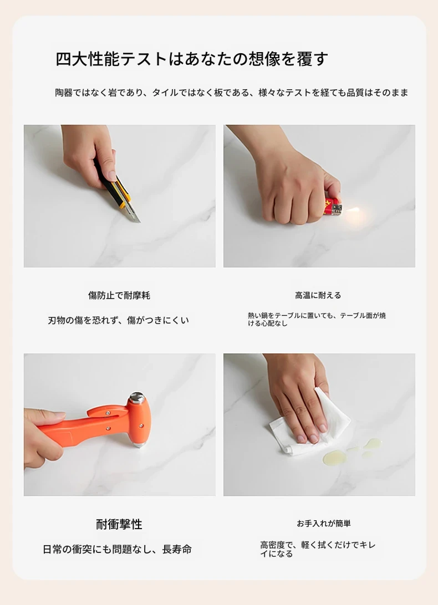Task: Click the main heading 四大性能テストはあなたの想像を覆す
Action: (x=192, y=59)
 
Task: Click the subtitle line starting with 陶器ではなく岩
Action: (x=231, y=93)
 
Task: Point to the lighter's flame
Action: (x=353, y=211)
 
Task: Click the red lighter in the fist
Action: (x=333, y=208)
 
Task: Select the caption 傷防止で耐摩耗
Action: (x=119, y=295)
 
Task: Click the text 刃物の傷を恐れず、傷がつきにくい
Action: (x=118, y=320)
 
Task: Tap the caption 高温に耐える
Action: (x=318, y=295)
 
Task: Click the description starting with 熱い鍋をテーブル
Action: (x=317, y=320)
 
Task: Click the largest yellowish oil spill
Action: (x=335, y=457)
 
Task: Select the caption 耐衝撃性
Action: (x=119, y=524)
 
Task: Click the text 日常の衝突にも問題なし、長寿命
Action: (x=117, y=549)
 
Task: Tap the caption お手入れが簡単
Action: (x=324, y=524)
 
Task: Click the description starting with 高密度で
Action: (x=318, y=550)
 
